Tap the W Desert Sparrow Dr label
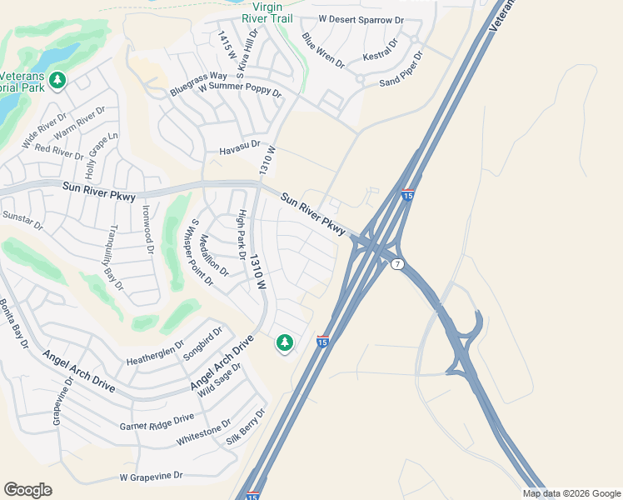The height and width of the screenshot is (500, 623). click(x=361, y=18)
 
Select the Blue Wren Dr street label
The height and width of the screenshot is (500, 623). click(x=323, y=50)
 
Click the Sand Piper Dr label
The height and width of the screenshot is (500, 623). click(x=401, y=70)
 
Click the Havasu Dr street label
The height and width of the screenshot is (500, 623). click(x=240, y=152)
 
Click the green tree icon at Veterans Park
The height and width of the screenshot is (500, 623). click(x=57, y=80)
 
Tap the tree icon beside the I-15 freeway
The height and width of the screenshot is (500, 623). click(x=285, y=342)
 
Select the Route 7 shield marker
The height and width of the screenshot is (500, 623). click(x=399, y=264)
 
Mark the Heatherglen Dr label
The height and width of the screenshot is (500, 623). click(x=155, y=352)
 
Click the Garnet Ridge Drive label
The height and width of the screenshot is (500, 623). click(x=156, y=420)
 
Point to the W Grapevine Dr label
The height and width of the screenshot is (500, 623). click(x=151, y=477)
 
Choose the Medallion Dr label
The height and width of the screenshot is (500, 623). click(x=212, y=255)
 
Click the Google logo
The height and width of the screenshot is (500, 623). click(x=27, y=490)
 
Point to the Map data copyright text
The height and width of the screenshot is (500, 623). click(x=571, y=493)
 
